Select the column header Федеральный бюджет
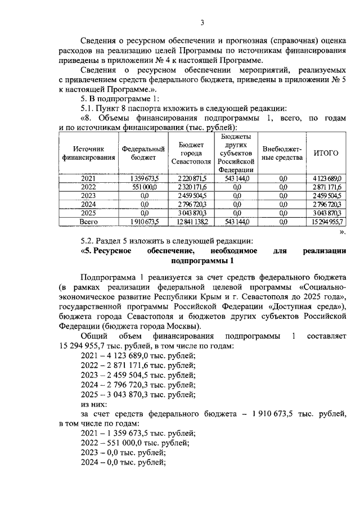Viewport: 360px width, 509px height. click(x=143, y=153)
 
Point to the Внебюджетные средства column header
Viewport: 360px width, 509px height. click(x=282, y=153)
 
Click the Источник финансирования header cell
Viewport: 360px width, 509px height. click(x=88, y=153)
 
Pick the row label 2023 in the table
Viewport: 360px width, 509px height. click(x=88, y=195)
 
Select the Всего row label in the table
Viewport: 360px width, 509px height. click(x=88, y=222)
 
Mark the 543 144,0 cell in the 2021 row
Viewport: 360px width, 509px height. click(x=236, y=178)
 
